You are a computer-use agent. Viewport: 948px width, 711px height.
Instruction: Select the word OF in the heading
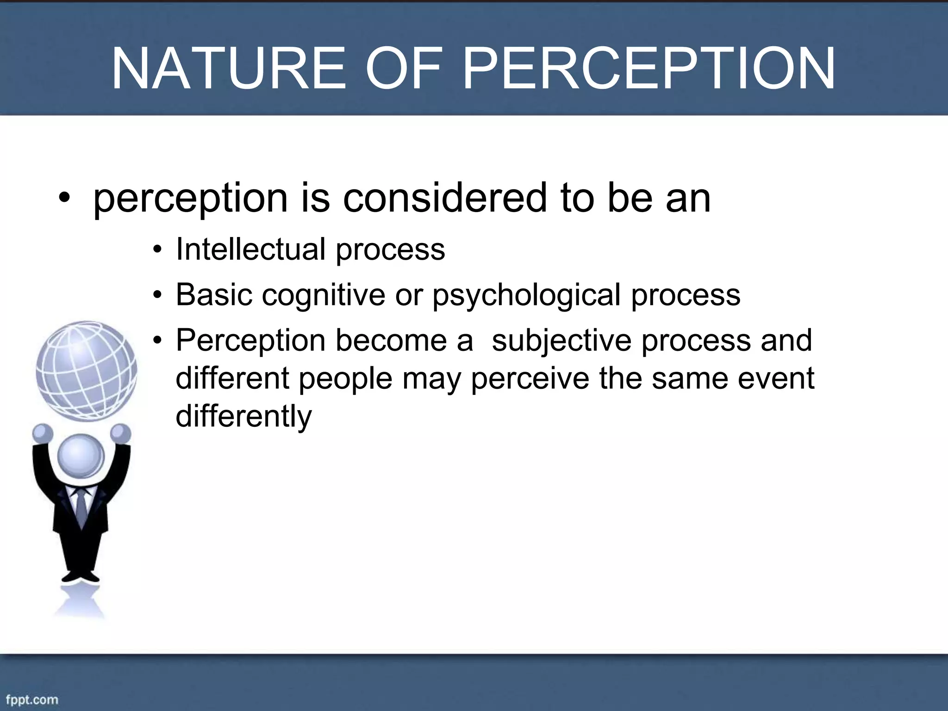(406, 69)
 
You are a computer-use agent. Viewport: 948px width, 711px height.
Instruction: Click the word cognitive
(324, 295)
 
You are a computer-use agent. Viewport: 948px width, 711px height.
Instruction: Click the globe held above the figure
(87, 370)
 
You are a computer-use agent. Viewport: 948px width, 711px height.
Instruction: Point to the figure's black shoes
(81, 577)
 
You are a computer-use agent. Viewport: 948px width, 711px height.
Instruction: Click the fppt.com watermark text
(32, 699)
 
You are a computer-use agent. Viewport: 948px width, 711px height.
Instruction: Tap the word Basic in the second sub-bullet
(214, 295)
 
